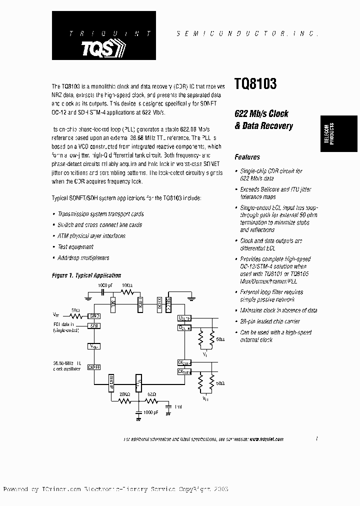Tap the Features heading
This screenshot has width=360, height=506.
[x=247, y=157]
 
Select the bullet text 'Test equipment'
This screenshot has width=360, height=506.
[x=75, y=247]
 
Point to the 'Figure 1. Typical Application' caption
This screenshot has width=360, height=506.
[x=86, y=275]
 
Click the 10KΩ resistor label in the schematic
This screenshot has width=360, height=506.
[x=127, y=286]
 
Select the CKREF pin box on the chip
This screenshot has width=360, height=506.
[x=94, y=367]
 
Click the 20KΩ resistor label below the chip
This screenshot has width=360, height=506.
[x=124, y=394]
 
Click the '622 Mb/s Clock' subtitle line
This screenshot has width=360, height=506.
[x=261, y=114]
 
